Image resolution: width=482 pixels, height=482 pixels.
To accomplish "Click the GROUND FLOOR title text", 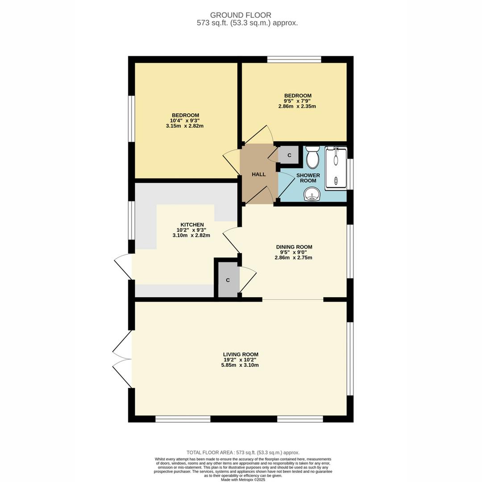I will (241, 15).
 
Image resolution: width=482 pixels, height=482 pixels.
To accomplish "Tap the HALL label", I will (258, 175).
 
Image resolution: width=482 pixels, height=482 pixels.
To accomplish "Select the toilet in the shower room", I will (312, 157).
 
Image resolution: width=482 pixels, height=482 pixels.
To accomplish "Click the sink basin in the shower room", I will (312, 194).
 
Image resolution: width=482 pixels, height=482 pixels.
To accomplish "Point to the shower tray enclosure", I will (336, 168).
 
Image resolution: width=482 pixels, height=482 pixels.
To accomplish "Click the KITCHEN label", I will (192, 224).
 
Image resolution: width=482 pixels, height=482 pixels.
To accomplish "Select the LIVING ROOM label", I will (241, 354).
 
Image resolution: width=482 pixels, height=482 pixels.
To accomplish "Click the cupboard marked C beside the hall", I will (289, 155).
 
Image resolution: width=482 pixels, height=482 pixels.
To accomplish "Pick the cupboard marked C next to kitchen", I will (228, 280).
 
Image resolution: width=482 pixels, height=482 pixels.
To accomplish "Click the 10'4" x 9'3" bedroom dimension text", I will (184, 120).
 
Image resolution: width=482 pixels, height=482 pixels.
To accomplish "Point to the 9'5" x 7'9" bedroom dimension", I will (298, 101).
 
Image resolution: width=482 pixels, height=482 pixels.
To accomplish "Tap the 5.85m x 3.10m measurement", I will (240, 365).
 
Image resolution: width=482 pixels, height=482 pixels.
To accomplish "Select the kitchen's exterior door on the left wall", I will (124, 266).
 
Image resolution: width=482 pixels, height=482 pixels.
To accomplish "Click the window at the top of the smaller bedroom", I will (294, 59).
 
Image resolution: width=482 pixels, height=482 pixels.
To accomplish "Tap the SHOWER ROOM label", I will (308, 178).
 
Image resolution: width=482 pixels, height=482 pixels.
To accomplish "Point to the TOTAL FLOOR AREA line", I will (243, 453).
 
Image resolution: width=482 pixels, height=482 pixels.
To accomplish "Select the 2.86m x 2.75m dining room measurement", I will (293, 258).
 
